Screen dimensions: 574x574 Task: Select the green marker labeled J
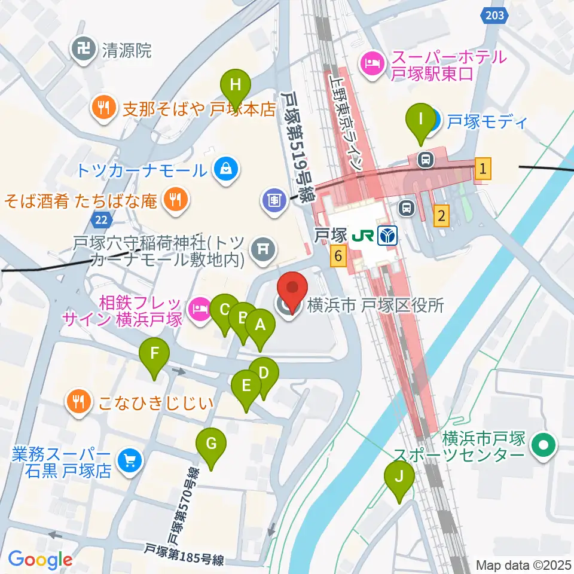(x=398, y=477)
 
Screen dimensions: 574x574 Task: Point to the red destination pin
(x=292, y=290)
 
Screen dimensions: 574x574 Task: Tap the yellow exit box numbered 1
(x=483, y=169)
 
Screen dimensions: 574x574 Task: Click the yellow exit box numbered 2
(x=441, y=215)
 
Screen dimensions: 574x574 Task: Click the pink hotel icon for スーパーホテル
(x=371, y=65)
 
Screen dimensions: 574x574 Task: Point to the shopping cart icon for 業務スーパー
(x=129, y=460)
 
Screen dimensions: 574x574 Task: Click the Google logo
(x=40, y=560)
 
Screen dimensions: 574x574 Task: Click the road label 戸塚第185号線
(x=184, y=554)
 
